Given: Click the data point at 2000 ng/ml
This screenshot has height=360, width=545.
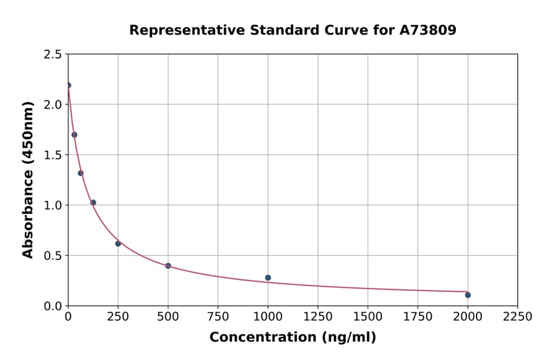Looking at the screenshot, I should point(467,295).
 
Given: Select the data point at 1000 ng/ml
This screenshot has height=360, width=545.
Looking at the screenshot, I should point(268,278).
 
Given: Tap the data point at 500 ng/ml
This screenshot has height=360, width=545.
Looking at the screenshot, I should point(168,266).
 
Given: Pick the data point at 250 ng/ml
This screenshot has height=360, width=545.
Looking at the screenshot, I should point(118,244).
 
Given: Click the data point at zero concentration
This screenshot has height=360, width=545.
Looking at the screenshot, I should point(68,85).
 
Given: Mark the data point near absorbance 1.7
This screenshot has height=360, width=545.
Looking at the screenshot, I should point(74,135).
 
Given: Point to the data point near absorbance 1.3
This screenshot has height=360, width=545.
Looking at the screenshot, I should point(81,173).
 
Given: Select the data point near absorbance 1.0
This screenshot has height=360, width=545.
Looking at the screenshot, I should point(93,202).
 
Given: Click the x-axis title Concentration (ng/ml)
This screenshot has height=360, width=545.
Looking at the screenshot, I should point(292,338).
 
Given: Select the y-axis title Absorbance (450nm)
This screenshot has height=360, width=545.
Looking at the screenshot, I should point(28,179).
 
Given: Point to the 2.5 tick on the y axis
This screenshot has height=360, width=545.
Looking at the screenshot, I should point(53,55).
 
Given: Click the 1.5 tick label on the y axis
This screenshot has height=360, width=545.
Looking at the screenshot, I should point(53,155).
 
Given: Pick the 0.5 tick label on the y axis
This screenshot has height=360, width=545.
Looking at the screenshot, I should point(53,256).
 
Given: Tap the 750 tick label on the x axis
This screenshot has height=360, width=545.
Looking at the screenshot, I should point(218,317).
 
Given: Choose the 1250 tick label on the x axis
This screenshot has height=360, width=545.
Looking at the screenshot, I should point(318,317).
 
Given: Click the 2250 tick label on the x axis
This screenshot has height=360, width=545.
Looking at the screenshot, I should point(518,317).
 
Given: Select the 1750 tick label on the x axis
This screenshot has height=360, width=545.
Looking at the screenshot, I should point(418,317).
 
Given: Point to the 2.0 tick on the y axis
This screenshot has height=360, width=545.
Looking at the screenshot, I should point(53,105).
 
